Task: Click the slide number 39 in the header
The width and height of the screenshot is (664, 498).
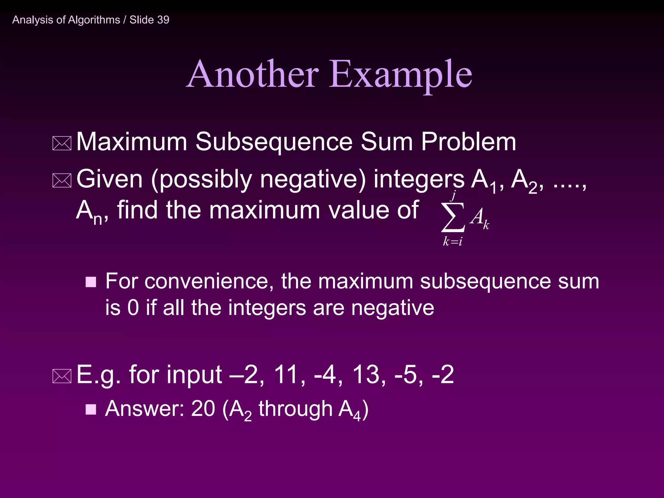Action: pyautogui.click(x=163, y=20)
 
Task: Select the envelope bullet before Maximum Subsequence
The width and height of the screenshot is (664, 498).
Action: pyautogui.click(x=62, y=144)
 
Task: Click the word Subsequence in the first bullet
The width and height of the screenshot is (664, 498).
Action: pyautogui.click(x=274, y=142)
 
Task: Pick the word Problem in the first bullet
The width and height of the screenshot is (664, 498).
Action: pyautogui.click(x=468, y=142)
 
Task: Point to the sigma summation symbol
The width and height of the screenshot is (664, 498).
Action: pyautogui.click(x=453, y=217)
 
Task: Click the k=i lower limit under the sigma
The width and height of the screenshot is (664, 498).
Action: pyautogui.click(x=453, y=241)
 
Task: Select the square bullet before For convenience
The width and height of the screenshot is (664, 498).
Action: pyautogui.click(x=91, y=282)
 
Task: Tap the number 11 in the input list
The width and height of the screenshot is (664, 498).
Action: pyautogui.click(x=286, y=374)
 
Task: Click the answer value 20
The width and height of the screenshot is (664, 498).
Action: pyautogui.click(x=203, y=409)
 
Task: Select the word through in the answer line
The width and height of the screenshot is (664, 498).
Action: pyautogui.click(x=295, y=409)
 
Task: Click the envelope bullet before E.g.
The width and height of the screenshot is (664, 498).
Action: pyautogui.click(x=62, y=376)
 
